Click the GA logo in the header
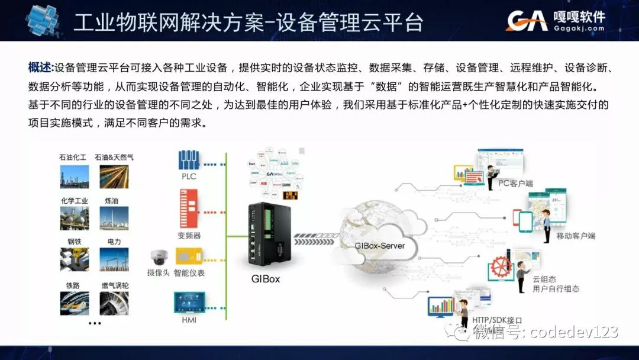coord(527,20)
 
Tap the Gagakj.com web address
coord(579,28)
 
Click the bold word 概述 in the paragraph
coord(40,67)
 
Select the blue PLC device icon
coord(189,160)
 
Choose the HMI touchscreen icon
coord(189,303)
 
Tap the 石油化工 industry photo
coord(75,176)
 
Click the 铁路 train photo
coord(75,303)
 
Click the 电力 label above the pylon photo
coord(114,242)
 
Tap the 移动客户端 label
coord(576,236)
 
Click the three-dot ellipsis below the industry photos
coord(95,323)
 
